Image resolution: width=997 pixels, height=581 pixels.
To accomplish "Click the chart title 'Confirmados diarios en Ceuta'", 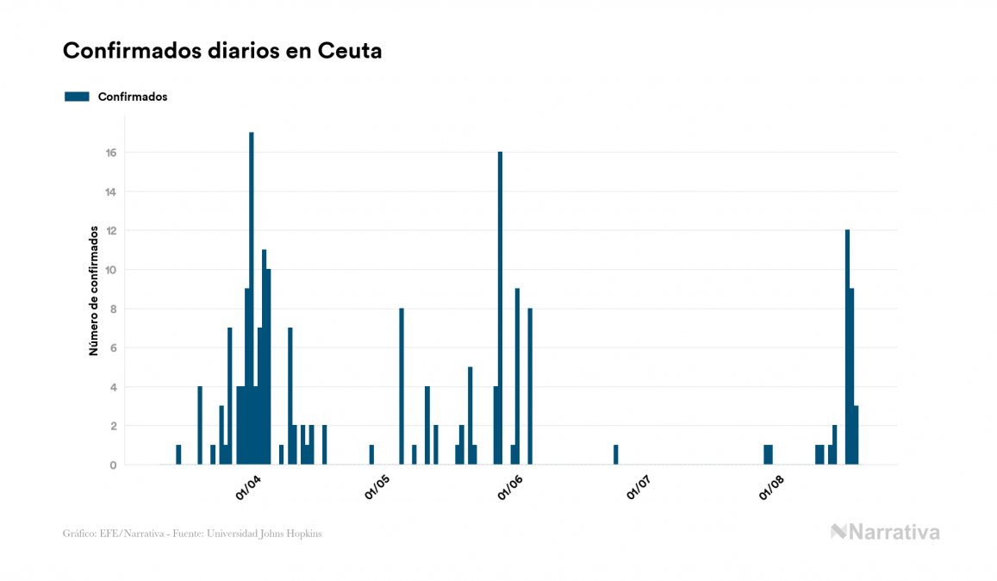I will [x=222, y=51].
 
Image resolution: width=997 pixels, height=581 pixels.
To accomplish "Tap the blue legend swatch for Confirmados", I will [x=77, y=97].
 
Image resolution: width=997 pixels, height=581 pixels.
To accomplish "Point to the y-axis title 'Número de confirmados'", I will [x=93, y=291].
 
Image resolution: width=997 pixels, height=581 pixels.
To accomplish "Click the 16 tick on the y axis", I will [x=111, y=153].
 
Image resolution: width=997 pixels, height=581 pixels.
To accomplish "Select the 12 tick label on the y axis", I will [x=111, y=231].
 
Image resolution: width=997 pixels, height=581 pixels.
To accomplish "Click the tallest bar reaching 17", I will [x=252, y=298].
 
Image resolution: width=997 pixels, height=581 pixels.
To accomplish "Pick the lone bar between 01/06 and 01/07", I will [x=616, y=454].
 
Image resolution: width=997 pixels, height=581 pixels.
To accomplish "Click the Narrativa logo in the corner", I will [x=885, y=532].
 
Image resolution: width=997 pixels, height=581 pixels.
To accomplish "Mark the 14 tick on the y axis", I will [x=111, y=191].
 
